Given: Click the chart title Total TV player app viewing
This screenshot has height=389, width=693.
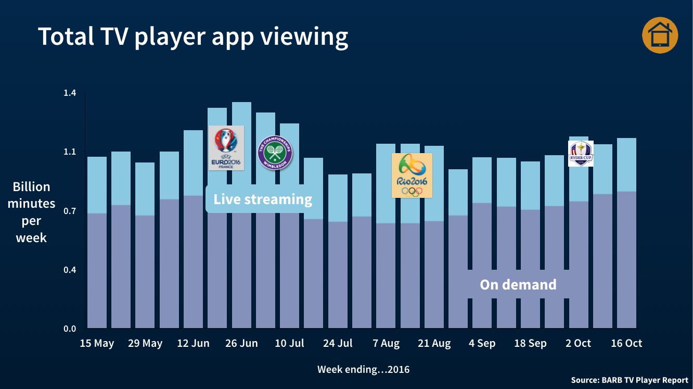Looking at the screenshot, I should click(193, 36).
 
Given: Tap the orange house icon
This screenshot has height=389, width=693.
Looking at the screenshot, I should click(660, 35).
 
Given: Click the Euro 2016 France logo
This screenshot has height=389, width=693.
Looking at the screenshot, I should click(226, 148).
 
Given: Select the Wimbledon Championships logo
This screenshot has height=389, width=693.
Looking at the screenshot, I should click(275, 153).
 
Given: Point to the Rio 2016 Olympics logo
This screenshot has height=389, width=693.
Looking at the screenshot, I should click(412, 175).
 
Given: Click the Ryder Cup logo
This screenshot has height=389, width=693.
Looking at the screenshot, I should click(581, 154).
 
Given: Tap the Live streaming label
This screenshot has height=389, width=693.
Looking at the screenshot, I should click(263, 199).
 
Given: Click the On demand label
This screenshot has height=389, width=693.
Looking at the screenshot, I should click(518, 284).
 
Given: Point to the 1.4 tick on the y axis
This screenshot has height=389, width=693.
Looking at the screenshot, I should click(70, 93).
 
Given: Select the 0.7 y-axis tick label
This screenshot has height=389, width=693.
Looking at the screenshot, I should click(70, 211).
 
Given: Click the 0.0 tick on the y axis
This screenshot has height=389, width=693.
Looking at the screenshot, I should click(70, 329).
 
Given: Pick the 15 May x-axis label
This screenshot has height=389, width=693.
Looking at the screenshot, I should click(97, 343).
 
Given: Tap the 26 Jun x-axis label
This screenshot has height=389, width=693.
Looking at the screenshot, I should click(241, 343).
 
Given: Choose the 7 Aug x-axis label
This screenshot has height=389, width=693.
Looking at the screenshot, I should click(386, 343).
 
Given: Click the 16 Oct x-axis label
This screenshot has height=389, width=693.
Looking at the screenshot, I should click(626, 343).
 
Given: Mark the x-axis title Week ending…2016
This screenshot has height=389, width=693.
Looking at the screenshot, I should click(363, 370).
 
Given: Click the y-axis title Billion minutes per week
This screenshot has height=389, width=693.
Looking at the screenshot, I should click(31, 212).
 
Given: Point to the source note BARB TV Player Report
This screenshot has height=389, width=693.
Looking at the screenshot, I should click(629, 380).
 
